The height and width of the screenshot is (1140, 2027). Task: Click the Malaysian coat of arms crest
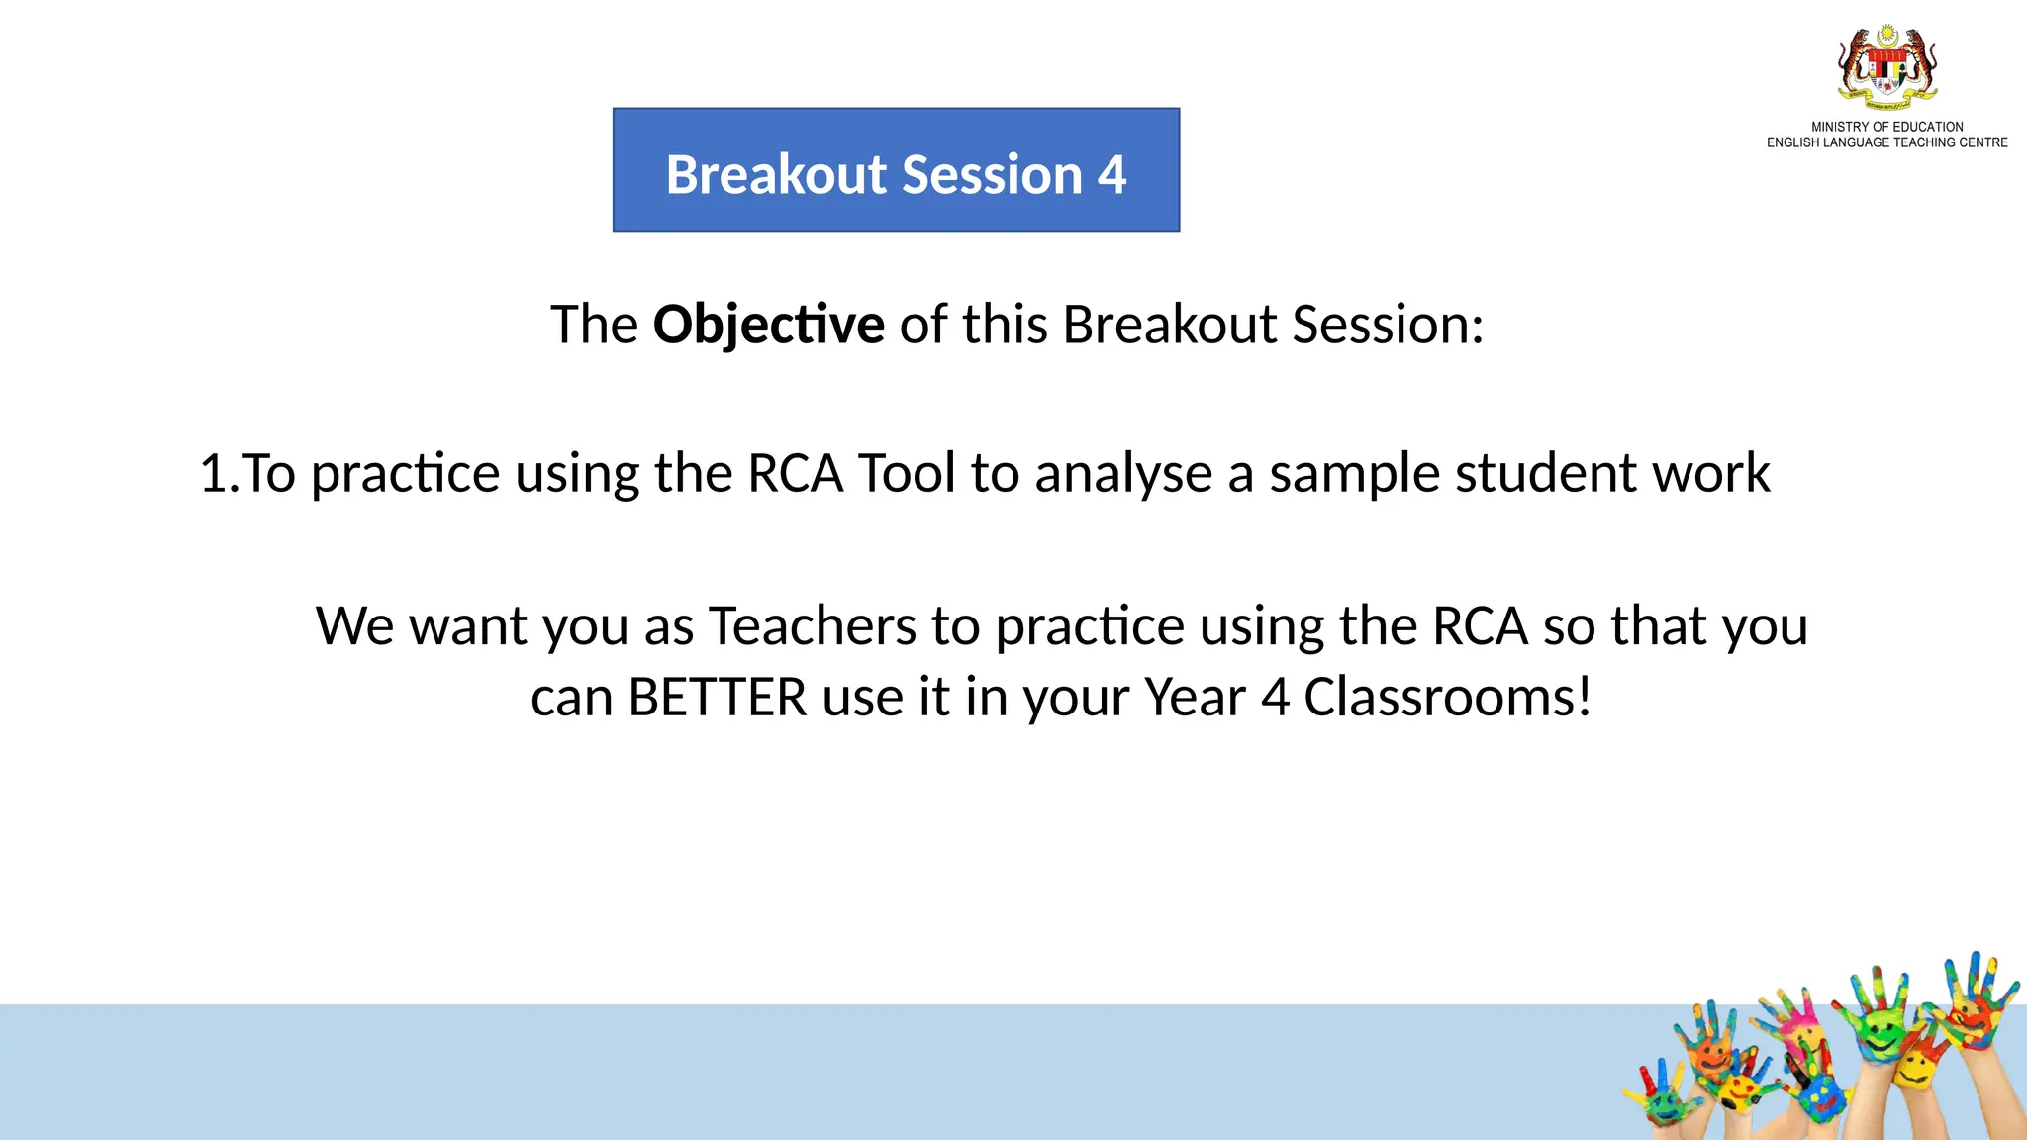pyautogui.click(x=1886, y=67)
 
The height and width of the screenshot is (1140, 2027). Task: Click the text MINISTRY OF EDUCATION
pyautogui.click(x=1886, y=127)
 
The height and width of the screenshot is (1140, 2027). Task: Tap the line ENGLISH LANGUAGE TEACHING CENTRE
pyautogui.click(x=1886, y=142)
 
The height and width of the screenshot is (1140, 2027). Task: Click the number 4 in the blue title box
pyautogui.click(x=1111, y=175)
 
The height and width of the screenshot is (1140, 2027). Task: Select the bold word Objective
pyautogui.click(x=768, y=325)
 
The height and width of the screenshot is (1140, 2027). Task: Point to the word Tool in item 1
pyautogui.click(x=907, y=473)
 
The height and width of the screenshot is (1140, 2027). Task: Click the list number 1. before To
pyautogui.click(x=218, y=473)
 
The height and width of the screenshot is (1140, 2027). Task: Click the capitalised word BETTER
pyautogui.click(x=718, y=698)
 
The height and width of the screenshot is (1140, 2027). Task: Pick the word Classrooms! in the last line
pyautogui.click(x=1447, y=698)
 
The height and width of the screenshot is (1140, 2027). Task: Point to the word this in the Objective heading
pyautogui.click(x=1004, y=325)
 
